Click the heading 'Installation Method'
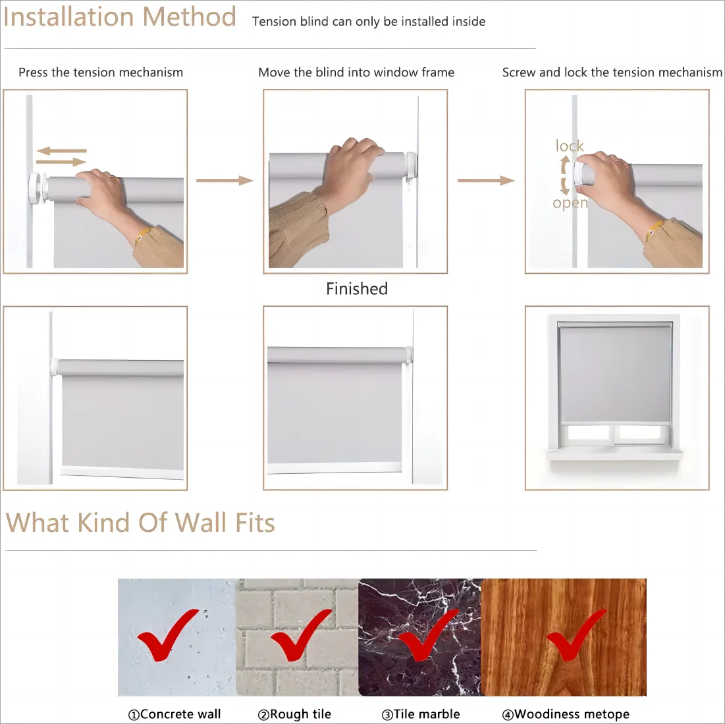pyautogui.click(x=120, y=17)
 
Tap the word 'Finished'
pyautogui.click(x=357, y=289)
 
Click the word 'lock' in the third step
pyautogui.click(x=570, y=146)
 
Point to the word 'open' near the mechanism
pyautogui.click(x=570, y=203)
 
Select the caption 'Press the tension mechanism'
pyautogui.click(x=101, y=72)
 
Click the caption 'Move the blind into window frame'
pyautogui.click(x=356, y=72)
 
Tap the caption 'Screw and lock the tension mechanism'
pyautogui.click(x=612, y=72)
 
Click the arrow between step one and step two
pyautogui.click(x=225, y=180)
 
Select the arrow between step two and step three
pyautogui.click(x=486, y=180)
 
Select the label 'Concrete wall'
pyautogui.click(x=175, y=714)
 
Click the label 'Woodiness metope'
pyautogui.click(x=566, y=714)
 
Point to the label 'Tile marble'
pyautogui.click(x=420, y=714)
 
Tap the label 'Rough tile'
pyautogui.click(x=294, y=714)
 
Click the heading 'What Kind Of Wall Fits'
pyautogui.click(x=140, y=523)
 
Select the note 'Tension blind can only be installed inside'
pyautogui.click(x=369, y=22)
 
